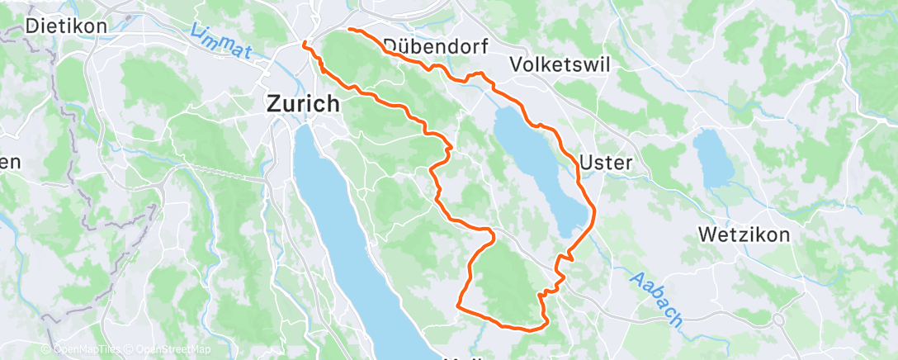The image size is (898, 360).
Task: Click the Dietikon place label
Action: click(x=66, y=26)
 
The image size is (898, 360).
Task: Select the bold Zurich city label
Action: click(x=302, y=104)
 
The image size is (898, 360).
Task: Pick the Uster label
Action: click(x=606, y=163)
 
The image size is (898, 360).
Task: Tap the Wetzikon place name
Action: click(x=744, y=234)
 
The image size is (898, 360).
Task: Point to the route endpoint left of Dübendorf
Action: click(x=350, y=30)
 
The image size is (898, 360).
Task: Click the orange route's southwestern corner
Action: click(x=457, y=307)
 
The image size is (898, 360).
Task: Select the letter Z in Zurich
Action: click(x=273, y=104)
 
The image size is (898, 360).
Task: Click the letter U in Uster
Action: click(x=587, y=163)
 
